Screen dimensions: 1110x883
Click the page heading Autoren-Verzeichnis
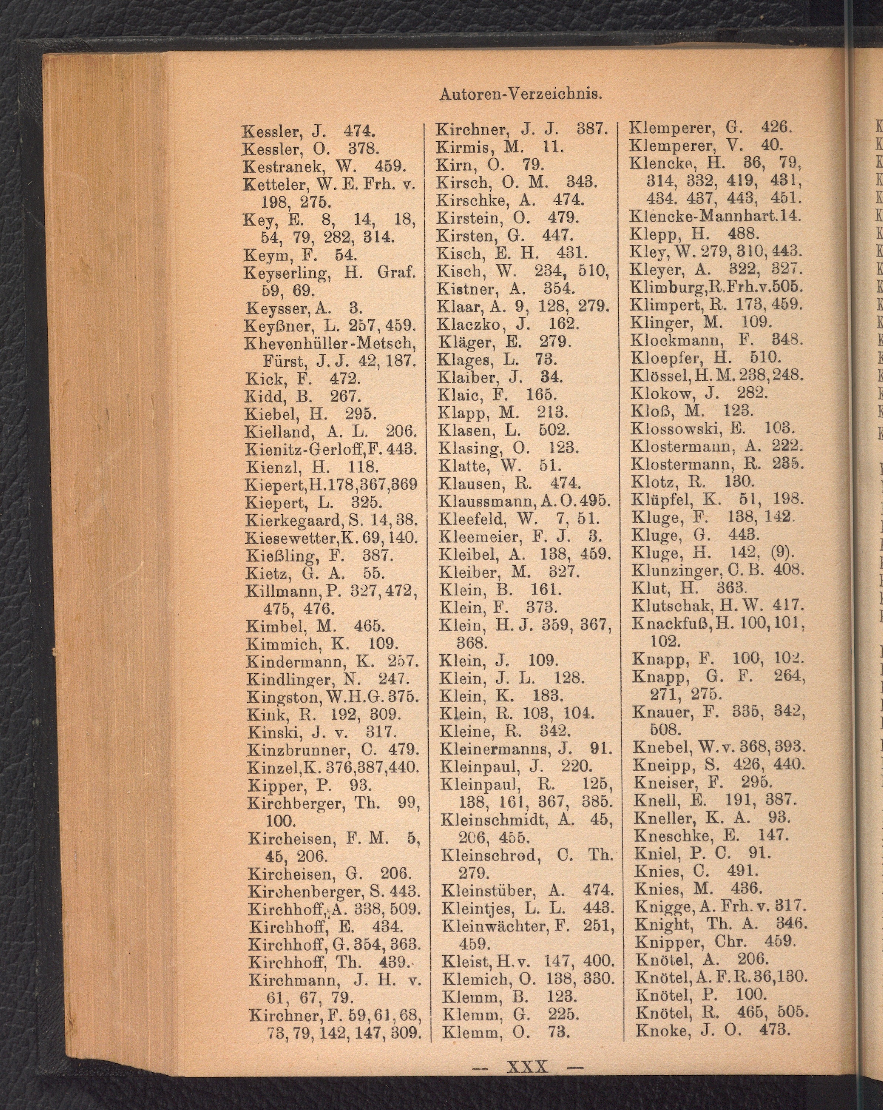[521, 94]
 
